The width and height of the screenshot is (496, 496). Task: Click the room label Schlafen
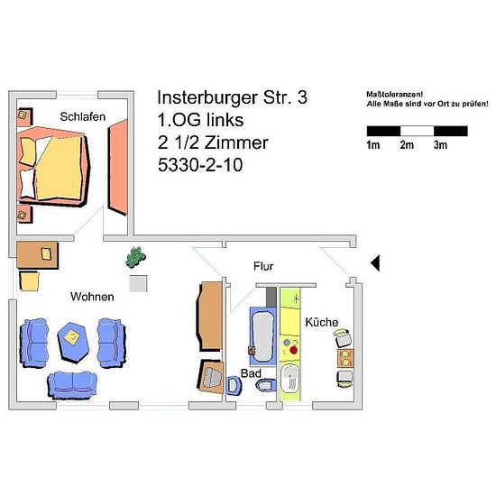click(x=83, y=116)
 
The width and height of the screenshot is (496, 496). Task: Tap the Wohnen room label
click(x=92, y=297)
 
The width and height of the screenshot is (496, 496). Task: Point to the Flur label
click(x=263, y=266)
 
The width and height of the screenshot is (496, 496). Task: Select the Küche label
click(x=321, y=322)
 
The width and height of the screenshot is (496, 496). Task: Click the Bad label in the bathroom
click(x=251, y=373)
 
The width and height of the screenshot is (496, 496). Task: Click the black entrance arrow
click(x=375, y=262)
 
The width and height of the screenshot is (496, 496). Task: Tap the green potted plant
click(x=135, y=258)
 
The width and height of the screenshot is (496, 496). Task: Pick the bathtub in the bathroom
click(x=262, y=336)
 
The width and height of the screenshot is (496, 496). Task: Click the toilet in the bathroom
click(x=266, y=385)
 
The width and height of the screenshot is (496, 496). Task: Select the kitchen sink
click(x=289, y=382)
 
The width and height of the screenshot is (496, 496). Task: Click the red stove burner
click(x=294, y=350)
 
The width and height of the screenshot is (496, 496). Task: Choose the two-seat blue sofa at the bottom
click(x=72, y=385)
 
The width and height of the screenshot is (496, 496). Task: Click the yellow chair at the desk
click(x=29, y=280)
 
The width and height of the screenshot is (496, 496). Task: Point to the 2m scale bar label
click(x=407, y=145)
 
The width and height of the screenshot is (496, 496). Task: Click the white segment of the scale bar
click(x=417, y=131)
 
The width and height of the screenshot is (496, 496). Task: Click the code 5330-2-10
click(x=200, y=165)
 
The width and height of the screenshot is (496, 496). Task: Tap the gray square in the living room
click(x=138, y=284)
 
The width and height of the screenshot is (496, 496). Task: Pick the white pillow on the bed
click(x=28, y=184)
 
